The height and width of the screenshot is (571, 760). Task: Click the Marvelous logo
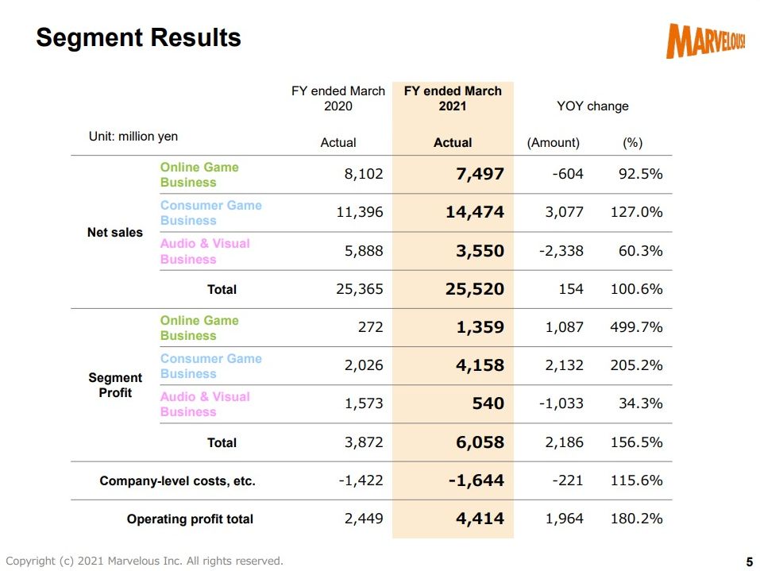tap(706, 41)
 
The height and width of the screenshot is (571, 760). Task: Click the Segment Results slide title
tap(139, 38)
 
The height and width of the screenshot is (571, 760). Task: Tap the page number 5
tap(750, 561)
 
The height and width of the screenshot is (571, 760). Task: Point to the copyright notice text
tap(145, 561)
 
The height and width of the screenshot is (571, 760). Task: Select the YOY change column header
tap(592, 106)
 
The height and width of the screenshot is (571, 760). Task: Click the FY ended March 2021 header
tap(453, 98)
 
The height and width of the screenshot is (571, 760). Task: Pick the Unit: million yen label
tap(133, 137)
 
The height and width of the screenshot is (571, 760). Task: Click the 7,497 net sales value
tap(480, 174)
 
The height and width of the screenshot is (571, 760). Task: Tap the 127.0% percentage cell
tap(636, 212)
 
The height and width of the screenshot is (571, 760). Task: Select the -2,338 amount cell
tap(561, 251)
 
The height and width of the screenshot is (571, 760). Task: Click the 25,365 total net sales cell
tap(360, 289)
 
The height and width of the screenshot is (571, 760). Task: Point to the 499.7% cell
tap(636, 326)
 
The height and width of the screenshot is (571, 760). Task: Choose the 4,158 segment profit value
tap(480, 365)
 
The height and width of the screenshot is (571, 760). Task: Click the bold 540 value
tap(488, 403)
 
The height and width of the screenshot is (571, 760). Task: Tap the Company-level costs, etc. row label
tap(177, 480)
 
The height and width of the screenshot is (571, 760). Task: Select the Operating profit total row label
tap(190, 519)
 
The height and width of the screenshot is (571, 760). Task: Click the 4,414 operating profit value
tap(480, 519)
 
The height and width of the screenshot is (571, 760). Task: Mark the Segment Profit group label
tap(115, 385)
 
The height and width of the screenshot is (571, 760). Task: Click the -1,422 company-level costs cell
tap(361, 480)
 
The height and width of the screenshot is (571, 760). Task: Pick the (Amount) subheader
tap(553, 142)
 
